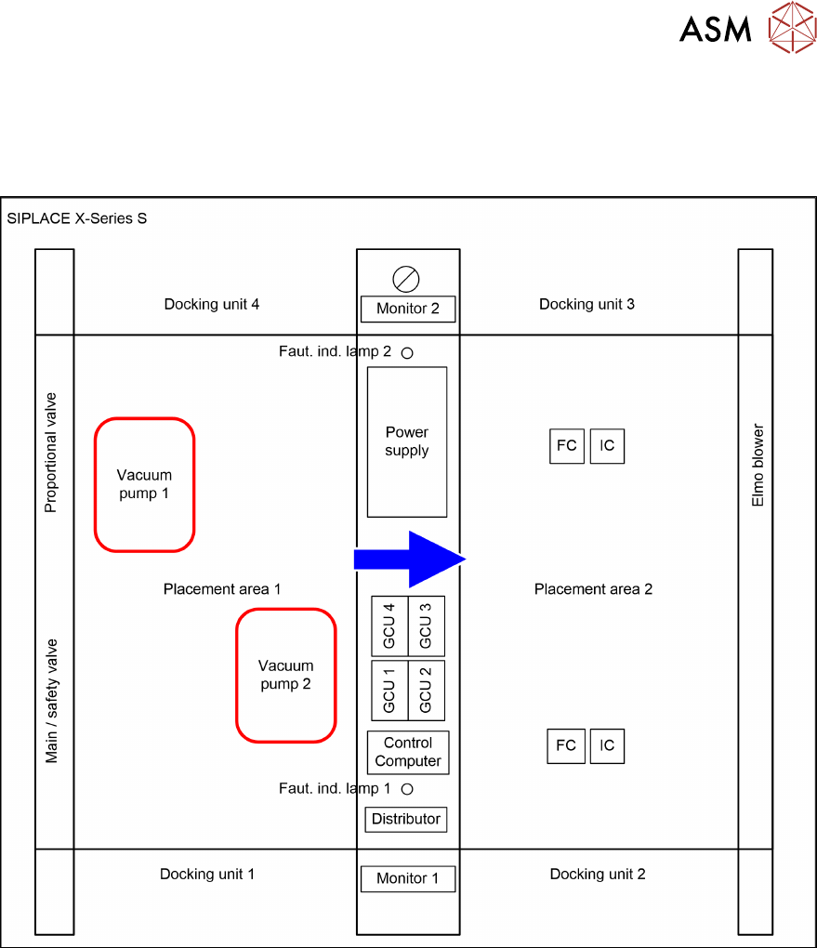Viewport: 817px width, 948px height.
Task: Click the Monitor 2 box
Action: tap(408, 309)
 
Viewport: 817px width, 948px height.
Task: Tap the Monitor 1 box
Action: tap(408, 878)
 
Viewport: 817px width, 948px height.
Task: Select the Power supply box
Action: tap(407, 441)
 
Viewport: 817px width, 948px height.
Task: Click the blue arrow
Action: tap(409, 558)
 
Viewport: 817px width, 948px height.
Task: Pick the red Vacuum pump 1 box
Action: tap(144, 484)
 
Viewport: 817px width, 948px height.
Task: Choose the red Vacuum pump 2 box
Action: tap(285, 675)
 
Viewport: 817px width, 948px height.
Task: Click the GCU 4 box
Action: tap(389, 625)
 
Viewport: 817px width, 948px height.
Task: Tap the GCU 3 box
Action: tap(427, 625)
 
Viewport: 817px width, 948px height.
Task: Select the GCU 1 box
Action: tap(389, 690)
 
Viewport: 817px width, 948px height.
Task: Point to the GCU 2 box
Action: tap(427, 690)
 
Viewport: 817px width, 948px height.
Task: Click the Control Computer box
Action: tap(408, 752)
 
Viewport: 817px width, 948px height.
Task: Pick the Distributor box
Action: tap(406, 819)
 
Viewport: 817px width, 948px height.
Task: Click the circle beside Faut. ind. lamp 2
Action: tap(407, 352)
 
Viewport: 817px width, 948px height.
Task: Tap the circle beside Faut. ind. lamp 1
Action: tap(407, 789)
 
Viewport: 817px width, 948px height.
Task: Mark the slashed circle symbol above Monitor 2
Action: tap(407, 278)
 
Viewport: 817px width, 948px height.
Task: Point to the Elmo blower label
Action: tap(758, 466)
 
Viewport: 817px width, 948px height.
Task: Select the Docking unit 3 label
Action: tap(586, 304)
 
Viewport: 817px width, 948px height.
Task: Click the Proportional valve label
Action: tap(51, 453)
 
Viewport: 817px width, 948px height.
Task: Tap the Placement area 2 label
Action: tap(593, 589)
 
